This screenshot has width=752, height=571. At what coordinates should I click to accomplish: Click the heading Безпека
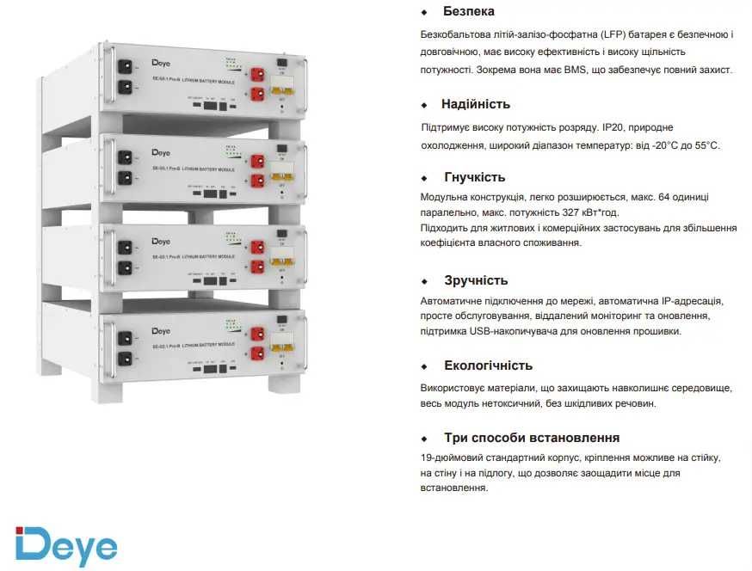(x=468, y=12)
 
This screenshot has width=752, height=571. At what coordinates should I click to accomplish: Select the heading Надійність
(x=475, y=104)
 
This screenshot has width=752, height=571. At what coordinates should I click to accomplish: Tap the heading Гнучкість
(x=473, y=177)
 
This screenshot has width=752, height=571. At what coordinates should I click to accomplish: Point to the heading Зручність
(x=476, y=280)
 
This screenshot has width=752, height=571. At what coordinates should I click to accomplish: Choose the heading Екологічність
(x=488, y=365)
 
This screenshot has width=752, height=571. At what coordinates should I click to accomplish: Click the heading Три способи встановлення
(x=531, y=438)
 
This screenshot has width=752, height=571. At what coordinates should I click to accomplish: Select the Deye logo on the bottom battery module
(x=162, y=329)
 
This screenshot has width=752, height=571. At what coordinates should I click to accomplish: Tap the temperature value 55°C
(x=704, y=145)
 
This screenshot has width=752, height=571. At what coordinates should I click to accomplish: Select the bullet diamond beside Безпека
(x=423, y=13)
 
